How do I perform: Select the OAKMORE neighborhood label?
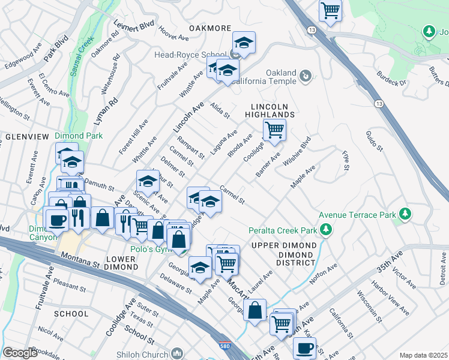click(x=210, y=28)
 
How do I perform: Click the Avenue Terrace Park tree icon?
click(x=406, y=214)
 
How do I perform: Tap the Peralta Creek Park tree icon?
click(x=326, y=229)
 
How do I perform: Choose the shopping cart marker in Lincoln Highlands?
click(x=274, y=129)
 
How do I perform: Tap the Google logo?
click(x=20, y=353)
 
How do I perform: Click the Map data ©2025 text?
click(x=423, y=355)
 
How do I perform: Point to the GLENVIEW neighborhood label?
click(x=25, y=137)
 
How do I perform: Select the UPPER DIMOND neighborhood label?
click(x=284, y=246)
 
